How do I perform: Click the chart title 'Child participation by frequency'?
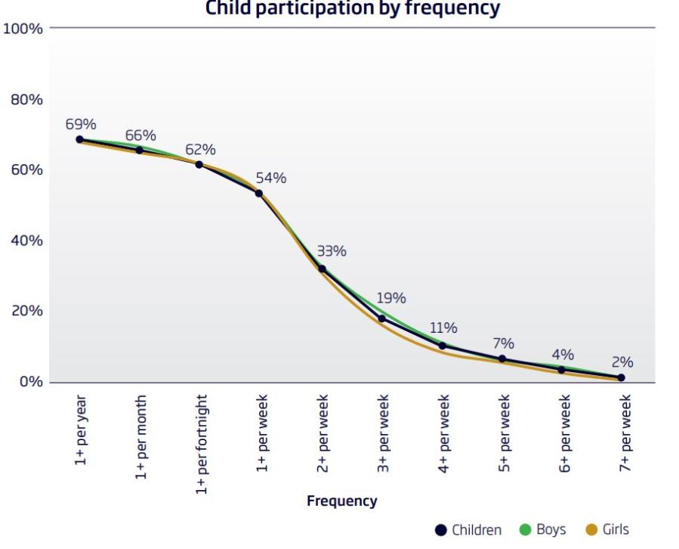[353, 8]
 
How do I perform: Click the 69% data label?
[81, 125]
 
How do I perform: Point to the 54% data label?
[271, 178]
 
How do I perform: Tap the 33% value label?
[332, 251]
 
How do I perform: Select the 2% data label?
[622, 362]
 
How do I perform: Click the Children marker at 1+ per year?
[79, 139]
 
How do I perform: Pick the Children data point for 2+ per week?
[322, 268]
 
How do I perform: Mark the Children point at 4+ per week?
[443, 346]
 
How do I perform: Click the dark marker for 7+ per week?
[622, 377]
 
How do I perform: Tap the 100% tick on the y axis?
[24, 29]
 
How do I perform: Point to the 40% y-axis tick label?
[27, 240]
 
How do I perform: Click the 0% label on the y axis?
[31, 382]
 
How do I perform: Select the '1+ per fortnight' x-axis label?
[202, 444]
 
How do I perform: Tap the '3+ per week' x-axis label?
[384, 433]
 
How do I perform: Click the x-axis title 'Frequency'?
[341, 501]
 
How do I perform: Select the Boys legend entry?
[542, 529]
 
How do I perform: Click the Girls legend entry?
[607, 529]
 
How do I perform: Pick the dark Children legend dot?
[442, 529]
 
